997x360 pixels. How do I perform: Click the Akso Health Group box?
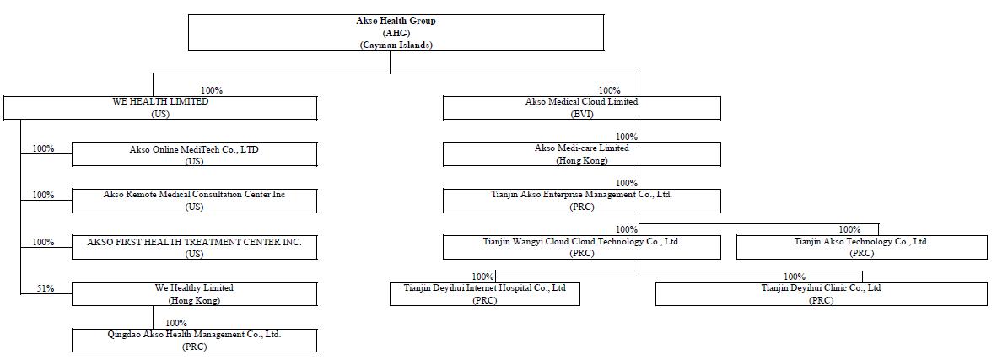[396, 32]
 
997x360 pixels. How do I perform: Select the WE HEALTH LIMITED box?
[160, 107]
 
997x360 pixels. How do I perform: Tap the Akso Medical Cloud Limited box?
[582, 107]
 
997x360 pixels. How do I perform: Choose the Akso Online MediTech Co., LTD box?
[195, 154]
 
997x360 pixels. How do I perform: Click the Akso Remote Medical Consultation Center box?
[195, 201]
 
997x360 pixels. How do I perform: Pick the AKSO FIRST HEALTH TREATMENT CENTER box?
[195, 247]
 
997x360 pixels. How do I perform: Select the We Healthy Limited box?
[195, 294]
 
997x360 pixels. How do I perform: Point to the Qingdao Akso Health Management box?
[195, 341]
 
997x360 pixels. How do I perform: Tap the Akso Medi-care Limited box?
[582, 154]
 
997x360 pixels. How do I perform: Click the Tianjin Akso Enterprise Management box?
[582, 201]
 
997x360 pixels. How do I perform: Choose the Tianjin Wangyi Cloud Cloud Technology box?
[582, 247]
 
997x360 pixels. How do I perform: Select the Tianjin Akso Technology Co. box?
[861, 247]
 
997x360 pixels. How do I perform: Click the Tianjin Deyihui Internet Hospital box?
[485, 294]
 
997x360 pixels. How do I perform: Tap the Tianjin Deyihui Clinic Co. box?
[822, 294]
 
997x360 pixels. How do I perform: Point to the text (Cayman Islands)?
[396, 45]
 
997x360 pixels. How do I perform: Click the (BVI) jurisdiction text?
[582, 114]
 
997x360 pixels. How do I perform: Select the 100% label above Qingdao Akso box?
[176, 323]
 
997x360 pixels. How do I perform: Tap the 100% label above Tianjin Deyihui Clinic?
[795, 277]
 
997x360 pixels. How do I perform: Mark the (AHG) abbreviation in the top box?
[396, 32]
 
